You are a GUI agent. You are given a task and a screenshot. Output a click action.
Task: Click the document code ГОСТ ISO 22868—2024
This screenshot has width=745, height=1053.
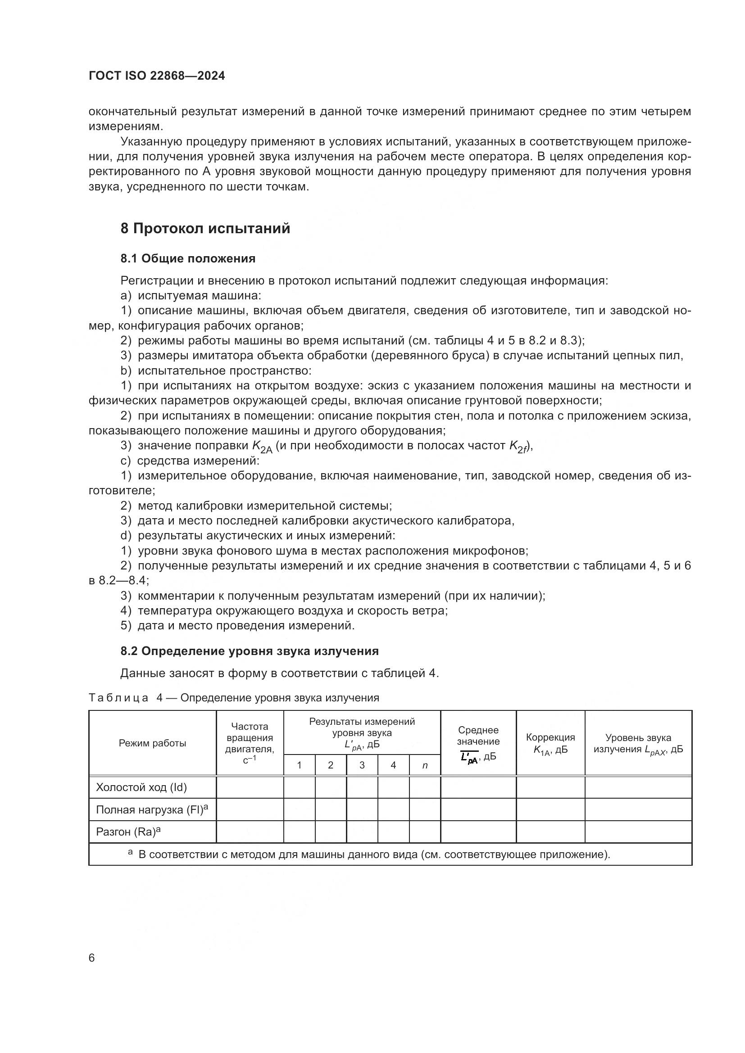coord(156,76)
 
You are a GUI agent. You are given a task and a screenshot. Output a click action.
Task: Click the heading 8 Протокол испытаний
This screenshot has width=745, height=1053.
coord(205,228)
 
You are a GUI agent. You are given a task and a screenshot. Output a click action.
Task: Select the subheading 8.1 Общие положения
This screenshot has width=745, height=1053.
coord(188,259)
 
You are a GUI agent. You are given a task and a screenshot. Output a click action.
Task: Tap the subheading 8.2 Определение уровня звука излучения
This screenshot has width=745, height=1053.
coord(249,651)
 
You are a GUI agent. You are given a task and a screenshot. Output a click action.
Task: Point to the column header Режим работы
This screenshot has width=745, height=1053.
coord(152,743)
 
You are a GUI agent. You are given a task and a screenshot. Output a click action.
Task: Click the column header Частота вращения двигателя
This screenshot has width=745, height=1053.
coord(250,743)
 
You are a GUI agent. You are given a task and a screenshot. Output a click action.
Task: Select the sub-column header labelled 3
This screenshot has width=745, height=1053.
coord(362,765)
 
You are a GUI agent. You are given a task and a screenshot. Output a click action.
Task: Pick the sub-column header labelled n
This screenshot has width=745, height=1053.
coord(425,765)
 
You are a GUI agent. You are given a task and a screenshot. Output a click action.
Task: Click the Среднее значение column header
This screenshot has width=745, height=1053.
coord(478,743)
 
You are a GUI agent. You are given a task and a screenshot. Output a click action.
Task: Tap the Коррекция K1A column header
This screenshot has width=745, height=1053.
coord(550,743)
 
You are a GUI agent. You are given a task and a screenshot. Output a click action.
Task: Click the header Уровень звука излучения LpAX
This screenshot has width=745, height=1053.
coord(638,743)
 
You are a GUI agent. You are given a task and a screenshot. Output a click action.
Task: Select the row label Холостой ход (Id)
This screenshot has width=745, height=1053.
coord(141,787)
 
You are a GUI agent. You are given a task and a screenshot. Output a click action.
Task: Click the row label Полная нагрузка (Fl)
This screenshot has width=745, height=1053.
coord(151,810)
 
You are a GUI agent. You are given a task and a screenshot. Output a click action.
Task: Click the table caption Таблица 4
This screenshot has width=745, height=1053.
coord(233,698)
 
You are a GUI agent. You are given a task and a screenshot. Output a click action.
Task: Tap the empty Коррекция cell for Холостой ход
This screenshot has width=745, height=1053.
coord(550,787)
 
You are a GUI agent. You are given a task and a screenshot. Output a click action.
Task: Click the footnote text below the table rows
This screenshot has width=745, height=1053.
coord(374,855)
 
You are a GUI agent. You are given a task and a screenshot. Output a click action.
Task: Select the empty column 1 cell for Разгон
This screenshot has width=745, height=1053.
coord(299,832)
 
